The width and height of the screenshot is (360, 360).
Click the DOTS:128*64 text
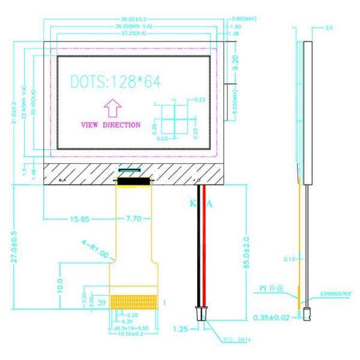click(116, 82)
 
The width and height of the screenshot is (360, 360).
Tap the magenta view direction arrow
click(113, 109)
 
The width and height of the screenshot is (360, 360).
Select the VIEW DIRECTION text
click(111, 125)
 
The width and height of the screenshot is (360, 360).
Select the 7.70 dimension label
click(133, 220)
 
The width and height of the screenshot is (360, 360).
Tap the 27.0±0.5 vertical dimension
click(14, 246)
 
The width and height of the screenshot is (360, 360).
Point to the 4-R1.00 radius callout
click(94, 250)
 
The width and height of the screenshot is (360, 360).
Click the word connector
click(335, 294)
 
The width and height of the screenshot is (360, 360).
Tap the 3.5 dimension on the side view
click(329, 28)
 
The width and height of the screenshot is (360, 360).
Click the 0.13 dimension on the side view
click(289, 259)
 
